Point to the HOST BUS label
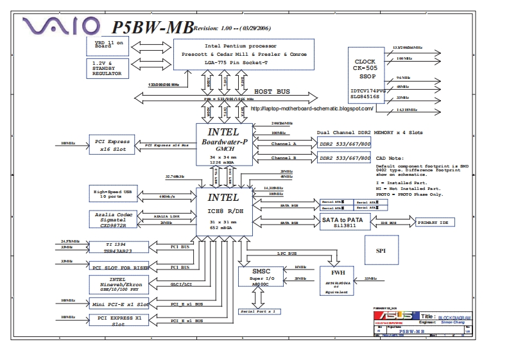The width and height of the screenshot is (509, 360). point(272,92)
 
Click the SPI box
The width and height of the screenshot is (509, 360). point(381,250)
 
